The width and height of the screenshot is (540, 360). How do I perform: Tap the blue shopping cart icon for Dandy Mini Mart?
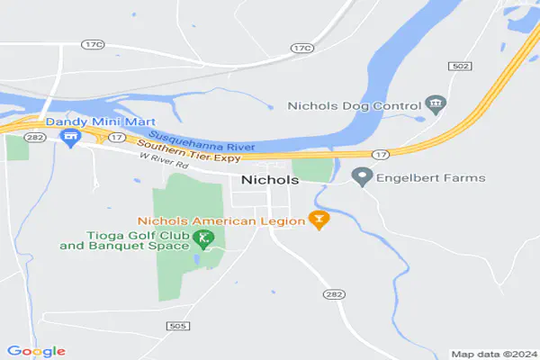click(x=69, y=137)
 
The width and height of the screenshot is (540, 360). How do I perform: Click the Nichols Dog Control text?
click(x=354, y=105)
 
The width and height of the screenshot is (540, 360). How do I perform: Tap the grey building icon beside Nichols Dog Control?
click(x=436, y=104)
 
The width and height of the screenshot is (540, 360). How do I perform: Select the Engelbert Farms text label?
click(x=431, y=178)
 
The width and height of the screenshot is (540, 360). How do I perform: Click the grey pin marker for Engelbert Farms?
click(x=363, y=176)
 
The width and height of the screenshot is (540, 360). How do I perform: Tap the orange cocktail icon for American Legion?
click(x=317, y=218)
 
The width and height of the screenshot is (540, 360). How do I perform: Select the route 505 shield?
click(x=177, y=325)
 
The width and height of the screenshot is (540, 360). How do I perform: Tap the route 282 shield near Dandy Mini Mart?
click(x=35, y=138)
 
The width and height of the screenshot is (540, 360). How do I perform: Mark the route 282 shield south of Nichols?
click(x=330, y=294)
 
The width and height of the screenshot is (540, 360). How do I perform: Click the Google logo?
click(x=36, y=350)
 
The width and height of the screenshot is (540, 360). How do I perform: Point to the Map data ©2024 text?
click(x=493, y=354)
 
